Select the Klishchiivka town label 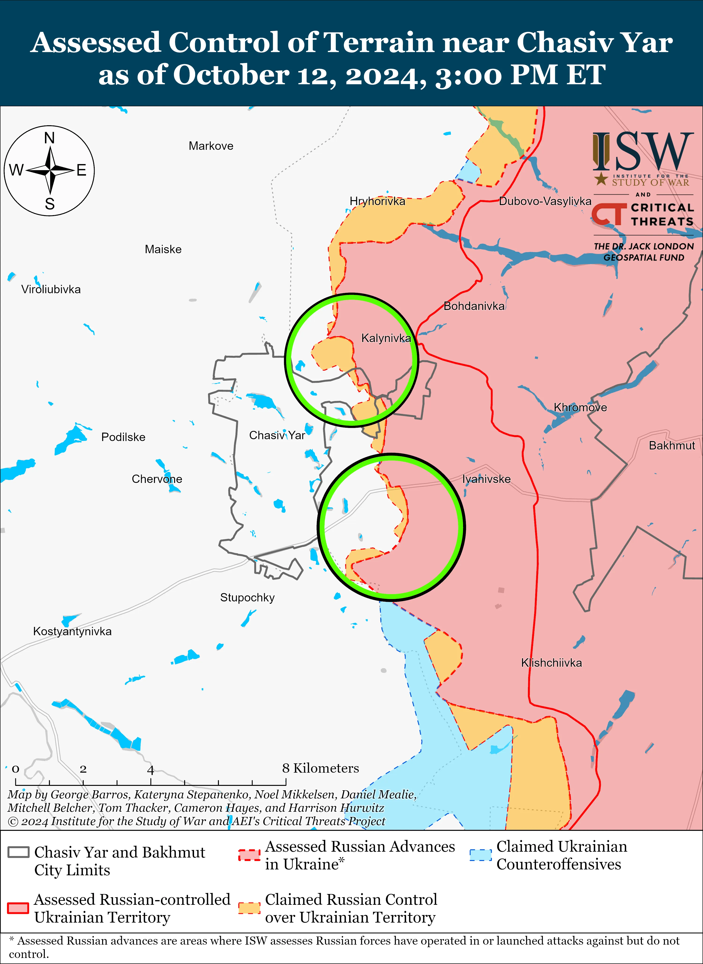(x=551, y=663)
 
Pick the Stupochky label (x=247, y=598)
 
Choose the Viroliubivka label (x=51, y=289)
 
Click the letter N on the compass (x=49, y=138)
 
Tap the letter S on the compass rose (x=50, y=204)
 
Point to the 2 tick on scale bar (x=83, y=769)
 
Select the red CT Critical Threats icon (x=609, y=214)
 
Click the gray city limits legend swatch (x=18, y=852)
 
